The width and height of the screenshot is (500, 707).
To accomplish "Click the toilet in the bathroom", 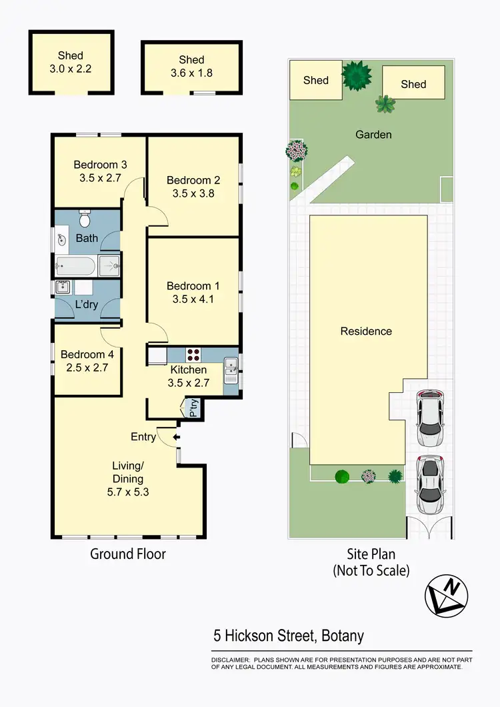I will [x=85, y=218].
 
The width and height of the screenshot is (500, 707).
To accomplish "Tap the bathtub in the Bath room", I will [x=76, y=266].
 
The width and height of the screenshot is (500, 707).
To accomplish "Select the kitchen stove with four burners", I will [x=194, y=356].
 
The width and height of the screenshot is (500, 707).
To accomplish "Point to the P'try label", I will [x=194, y=408].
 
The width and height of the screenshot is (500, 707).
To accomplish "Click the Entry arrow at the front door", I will [x=175, y=438].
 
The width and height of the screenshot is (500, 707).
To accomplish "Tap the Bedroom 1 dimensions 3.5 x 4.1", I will [x=193, y=299].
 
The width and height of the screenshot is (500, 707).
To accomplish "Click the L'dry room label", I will [x=86, y=305].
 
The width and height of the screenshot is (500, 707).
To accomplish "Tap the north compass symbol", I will [x=447, y=594].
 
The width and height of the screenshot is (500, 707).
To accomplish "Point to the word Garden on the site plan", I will [x=373, y=135].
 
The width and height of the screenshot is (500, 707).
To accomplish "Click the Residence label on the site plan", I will [x=366, y=331].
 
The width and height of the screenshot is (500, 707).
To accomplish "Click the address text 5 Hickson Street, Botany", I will [x=289, y=636].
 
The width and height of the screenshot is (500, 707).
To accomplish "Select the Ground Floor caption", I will [x=128, y=554].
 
